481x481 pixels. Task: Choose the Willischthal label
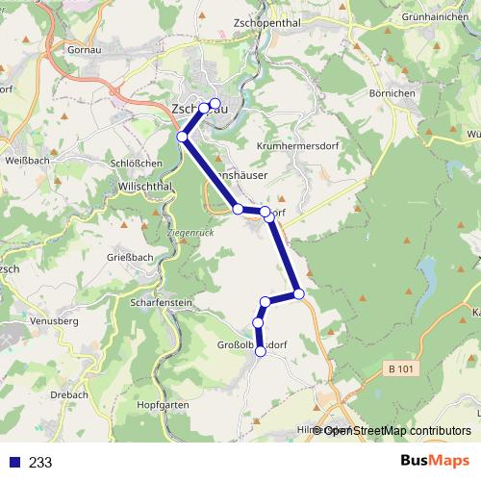point(144,186)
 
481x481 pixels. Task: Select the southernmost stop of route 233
point(260,352)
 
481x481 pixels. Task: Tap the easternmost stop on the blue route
point(299,293)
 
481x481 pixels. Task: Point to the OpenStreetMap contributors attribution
point(396,430)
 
